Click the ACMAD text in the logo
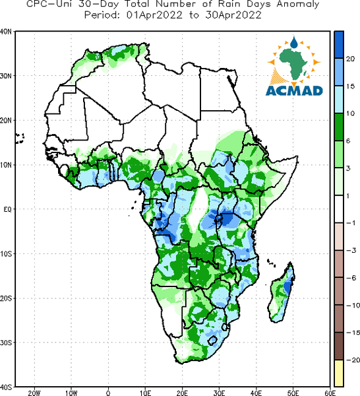coord(294,90)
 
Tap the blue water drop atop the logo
coord(294,42)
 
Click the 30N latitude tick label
coord(5,76)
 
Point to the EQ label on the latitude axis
coord(7,209)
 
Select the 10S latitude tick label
coord(5,254)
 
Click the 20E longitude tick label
coord(182,393)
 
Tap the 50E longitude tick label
coord(293,393)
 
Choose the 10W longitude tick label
coord(71,393)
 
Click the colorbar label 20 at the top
coord(350,59)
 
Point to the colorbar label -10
coord(353,306)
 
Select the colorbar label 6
coord(348,141)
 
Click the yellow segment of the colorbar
coord(339,373)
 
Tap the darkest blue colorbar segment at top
coord(339,45)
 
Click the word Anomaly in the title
coord(298,5)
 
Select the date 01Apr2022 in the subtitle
coord(154,15)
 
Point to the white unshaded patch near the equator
coord(198,209)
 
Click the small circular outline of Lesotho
coord(213,341)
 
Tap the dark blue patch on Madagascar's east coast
coord(287,287)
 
